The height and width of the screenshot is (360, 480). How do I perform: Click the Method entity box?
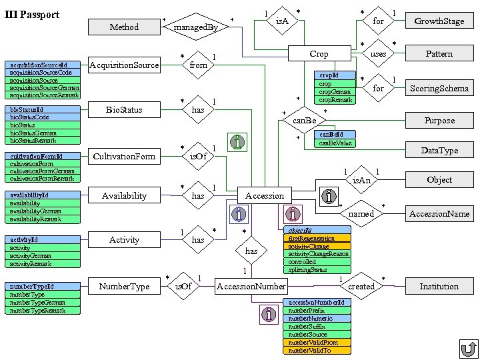click(124, 27)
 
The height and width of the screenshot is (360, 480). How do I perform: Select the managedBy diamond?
click(195, 27)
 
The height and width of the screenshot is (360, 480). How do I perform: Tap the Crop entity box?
click(319, 53)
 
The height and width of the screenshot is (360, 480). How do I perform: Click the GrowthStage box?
click(439, 21)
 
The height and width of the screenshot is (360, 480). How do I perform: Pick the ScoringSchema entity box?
click(439, 88)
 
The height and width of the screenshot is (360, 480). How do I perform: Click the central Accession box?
click(265, 195)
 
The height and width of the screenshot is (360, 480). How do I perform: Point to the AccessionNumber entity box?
click(251, 286)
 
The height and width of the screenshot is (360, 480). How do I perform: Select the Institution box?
click(439, 286)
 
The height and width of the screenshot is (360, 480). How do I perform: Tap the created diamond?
click(361, 286)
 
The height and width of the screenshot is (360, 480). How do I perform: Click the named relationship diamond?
click(361, 214)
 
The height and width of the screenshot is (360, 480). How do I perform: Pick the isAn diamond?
click(361, 181)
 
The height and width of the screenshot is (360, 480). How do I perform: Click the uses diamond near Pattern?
click(378, 54)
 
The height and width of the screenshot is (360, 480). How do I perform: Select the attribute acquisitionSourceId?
click(42, 65)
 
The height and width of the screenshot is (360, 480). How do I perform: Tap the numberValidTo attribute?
click(317, 350)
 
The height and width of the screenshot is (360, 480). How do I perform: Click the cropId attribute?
click(335, 76)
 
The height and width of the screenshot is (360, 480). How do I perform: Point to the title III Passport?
click(31, 15)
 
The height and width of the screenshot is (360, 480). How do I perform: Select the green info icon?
click(237, 142)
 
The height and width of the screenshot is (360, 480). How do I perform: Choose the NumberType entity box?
click(124, 286)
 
